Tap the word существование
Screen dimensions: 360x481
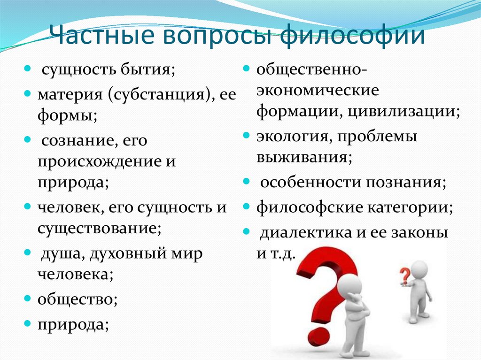click(x=97, y=229)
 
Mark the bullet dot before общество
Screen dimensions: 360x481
click(x=28, y=298)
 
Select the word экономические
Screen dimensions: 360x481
click(x=318, y=90)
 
